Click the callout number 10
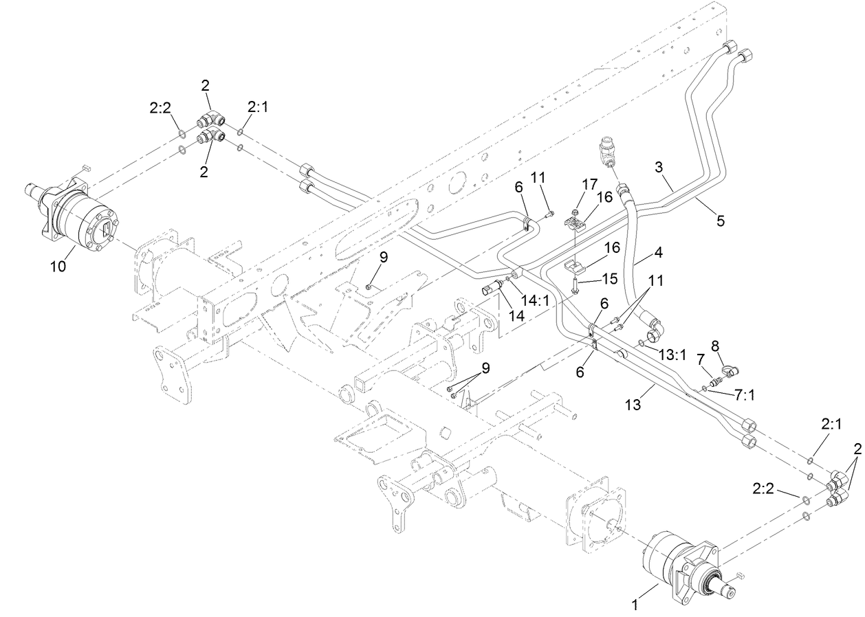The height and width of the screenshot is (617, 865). pyautogui.click(x=58, y=266)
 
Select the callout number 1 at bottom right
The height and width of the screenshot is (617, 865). pyautogui.click(x=635, y=605)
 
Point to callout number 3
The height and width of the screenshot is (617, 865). pyautogui.click(x=659, y=168)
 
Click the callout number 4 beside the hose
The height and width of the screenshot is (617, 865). pyautogui.click(x=658, y=252)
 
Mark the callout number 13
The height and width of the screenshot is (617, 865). pyautogui.click(x=633, y=406)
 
